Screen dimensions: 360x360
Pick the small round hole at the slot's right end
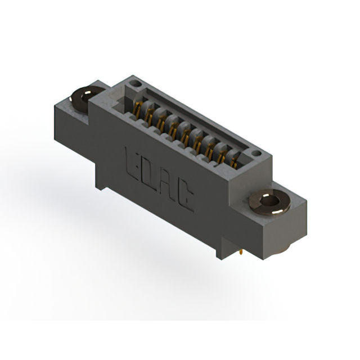click(x=256, y=152)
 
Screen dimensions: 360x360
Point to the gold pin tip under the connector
click(x=241, y=254)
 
